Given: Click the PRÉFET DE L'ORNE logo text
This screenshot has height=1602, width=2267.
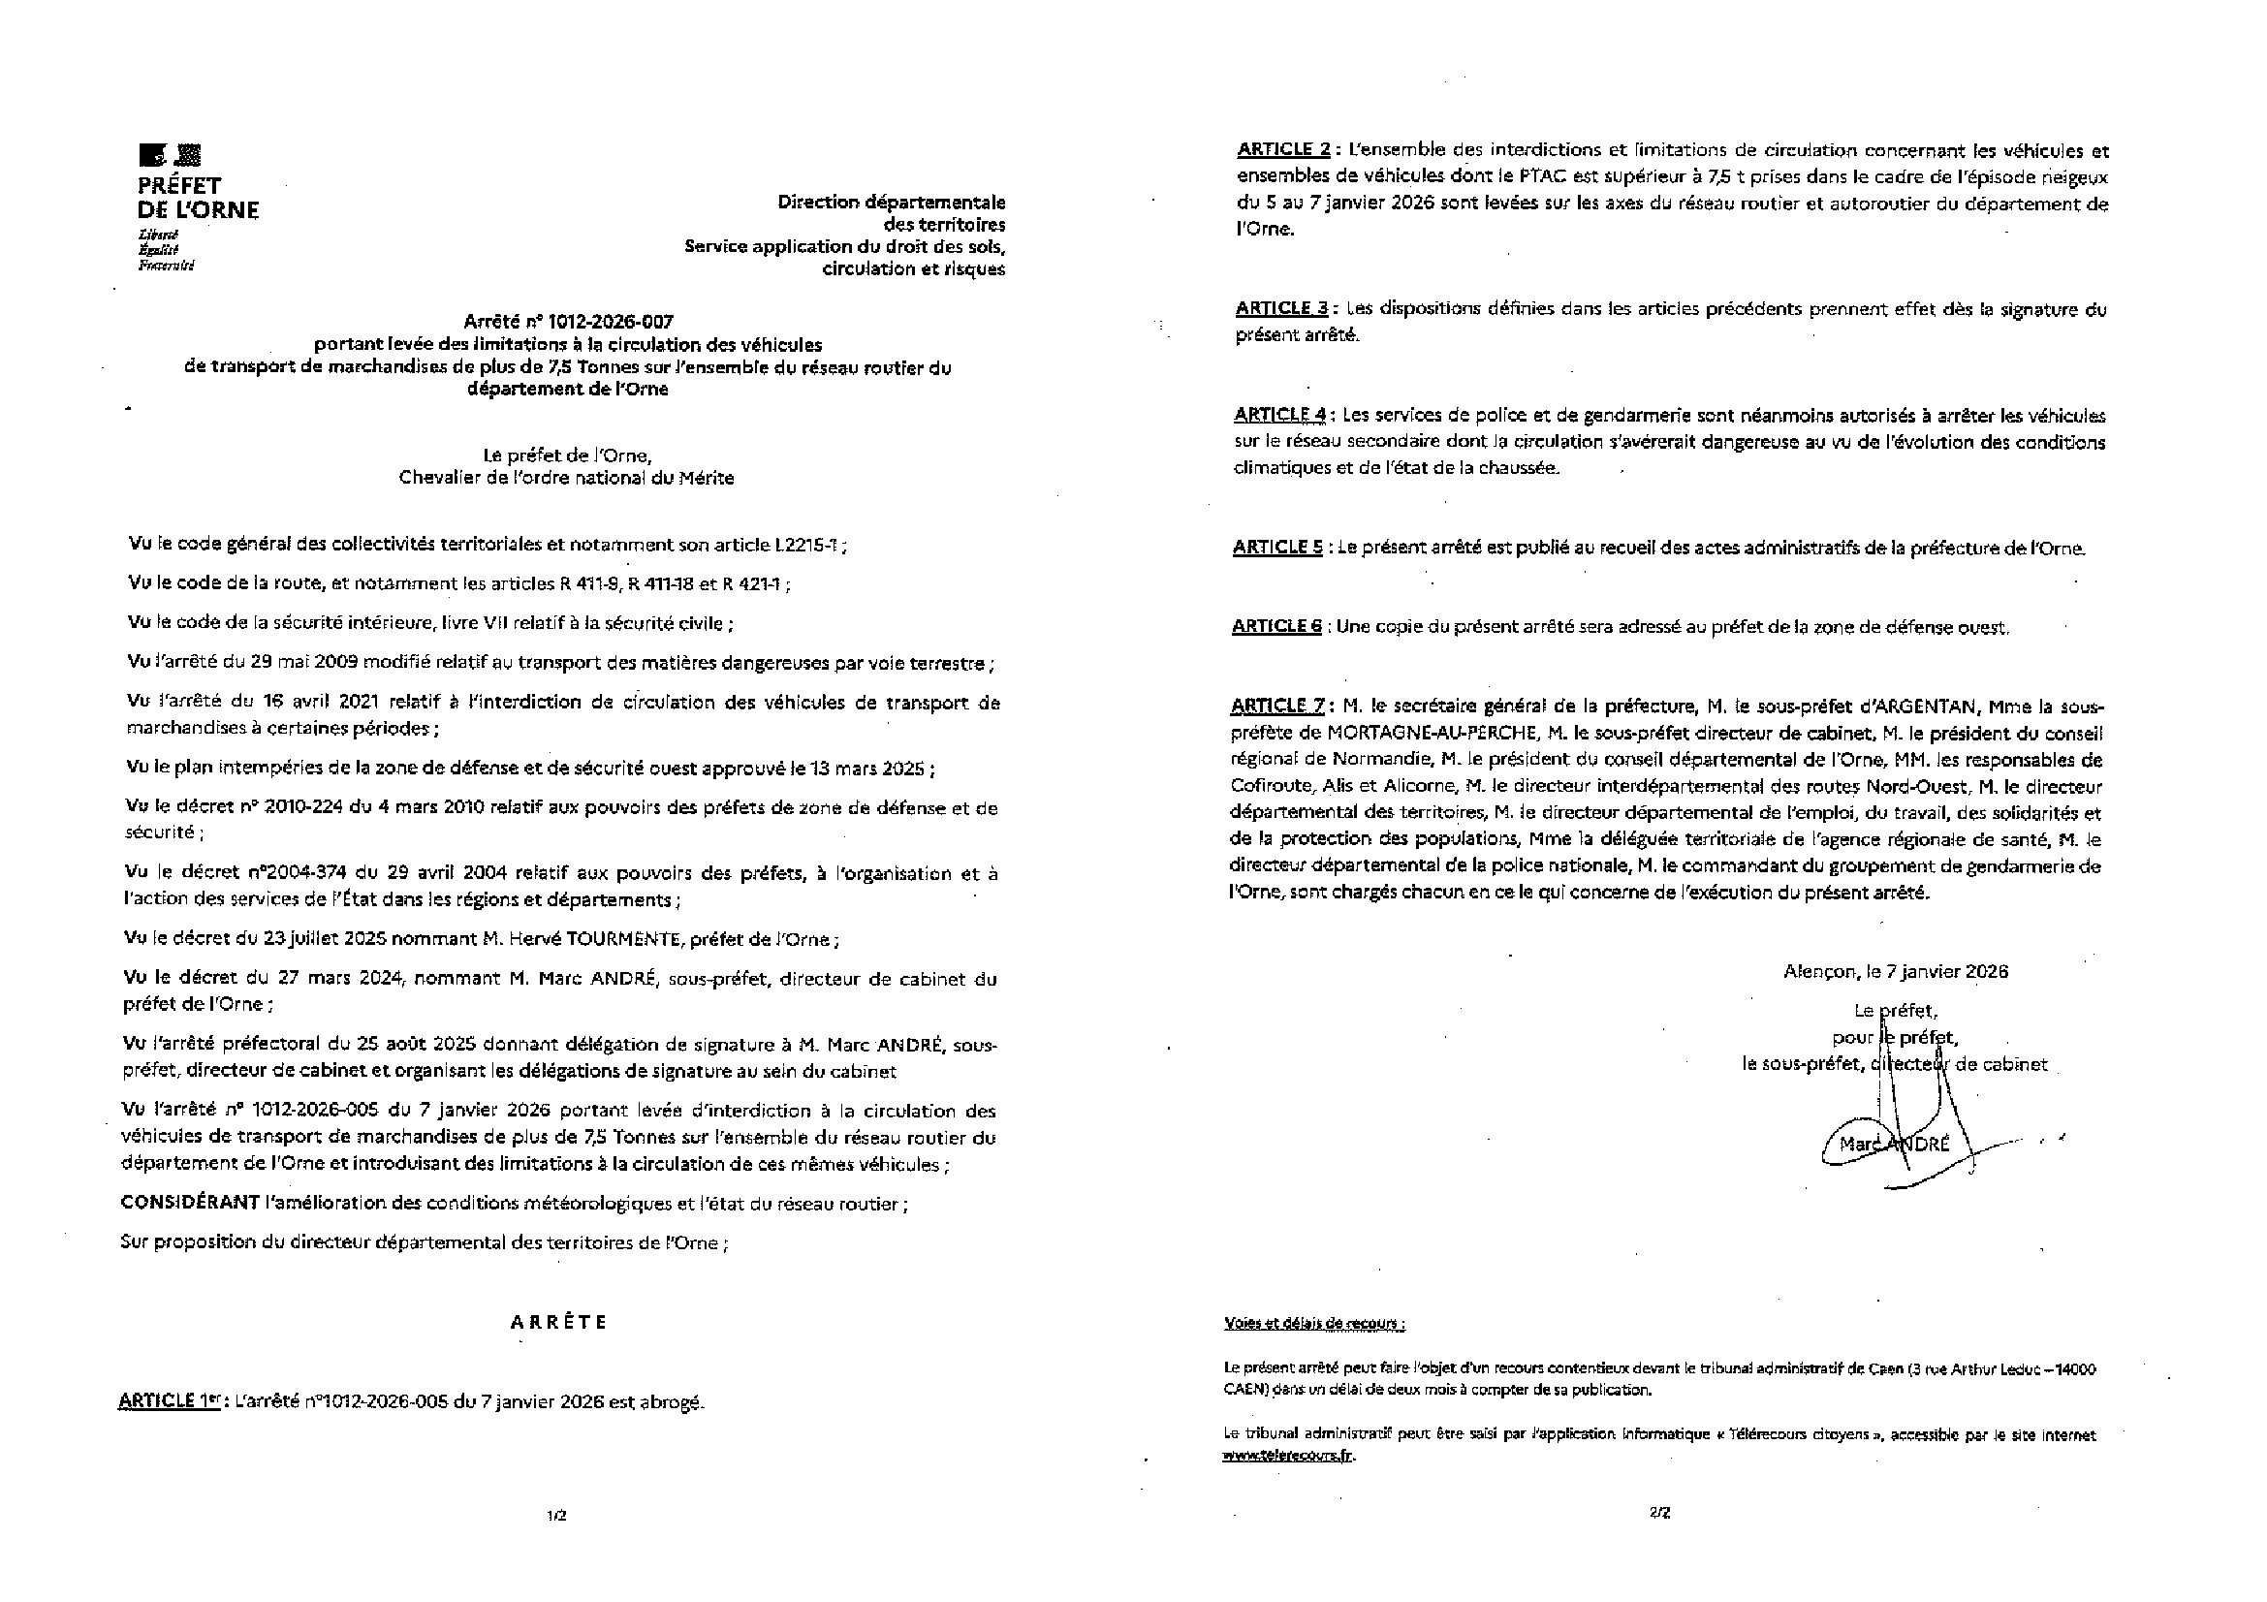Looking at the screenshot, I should coord(198,198).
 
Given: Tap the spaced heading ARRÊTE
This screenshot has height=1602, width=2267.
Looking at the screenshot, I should coord(559,1323).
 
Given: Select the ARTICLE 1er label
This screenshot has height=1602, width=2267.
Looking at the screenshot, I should coord(169,1401).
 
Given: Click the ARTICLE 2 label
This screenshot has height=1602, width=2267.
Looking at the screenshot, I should coord(1283,150).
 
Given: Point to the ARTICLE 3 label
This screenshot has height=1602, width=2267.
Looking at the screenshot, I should coord(1281,308).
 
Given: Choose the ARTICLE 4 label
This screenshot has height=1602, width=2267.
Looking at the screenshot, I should coord(1279,415).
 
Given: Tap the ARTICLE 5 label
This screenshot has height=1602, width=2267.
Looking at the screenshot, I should coord(1277,548).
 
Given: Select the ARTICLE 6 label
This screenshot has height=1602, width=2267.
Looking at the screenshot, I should coord(1276,627).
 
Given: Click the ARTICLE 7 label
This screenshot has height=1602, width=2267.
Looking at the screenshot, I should coord(1276,706).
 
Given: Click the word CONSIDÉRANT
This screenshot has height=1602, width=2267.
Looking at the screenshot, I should coord(189,1204).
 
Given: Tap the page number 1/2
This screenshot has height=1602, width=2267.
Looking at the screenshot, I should coord(557,1515).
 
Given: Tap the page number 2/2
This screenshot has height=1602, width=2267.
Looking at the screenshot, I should coord(1658,1511).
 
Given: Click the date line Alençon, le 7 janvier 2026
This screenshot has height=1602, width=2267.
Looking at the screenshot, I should coord(1896,971).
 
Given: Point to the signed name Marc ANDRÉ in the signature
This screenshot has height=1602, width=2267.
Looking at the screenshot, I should coord(1895,1145).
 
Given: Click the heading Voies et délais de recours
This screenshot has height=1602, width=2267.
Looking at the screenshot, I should coord(1315,1324).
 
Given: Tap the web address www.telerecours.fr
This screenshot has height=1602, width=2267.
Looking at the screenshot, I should coord(1288,1456).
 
